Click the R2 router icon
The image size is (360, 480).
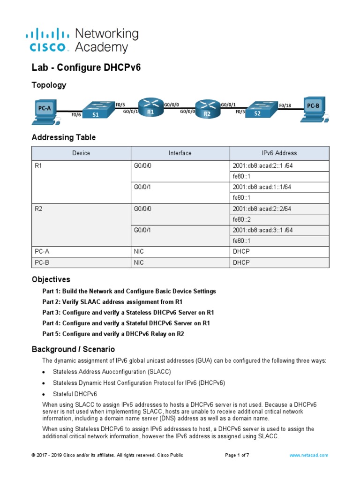tap(207, 109)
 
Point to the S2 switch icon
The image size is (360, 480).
tap(258, 111)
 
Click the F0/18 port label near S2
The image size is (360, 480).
tap(285, 105)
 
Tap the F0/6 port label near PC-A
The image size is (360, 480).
tap(75, 114)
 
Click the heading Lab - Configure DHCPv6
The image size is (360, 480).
tap(86, 67)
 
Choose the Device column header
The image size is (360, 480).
tap(81, 153)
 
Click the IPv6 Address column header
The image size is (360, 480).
tap(279, 153)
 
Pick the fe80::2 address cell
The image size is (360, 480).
tap(242, 219)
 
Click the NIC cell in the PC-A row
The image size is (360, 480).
tap(139, 252)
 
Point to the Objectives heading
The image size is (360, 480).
tap(51, 279)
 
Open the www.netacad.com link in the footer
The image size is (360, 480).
tap(308, 455)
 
